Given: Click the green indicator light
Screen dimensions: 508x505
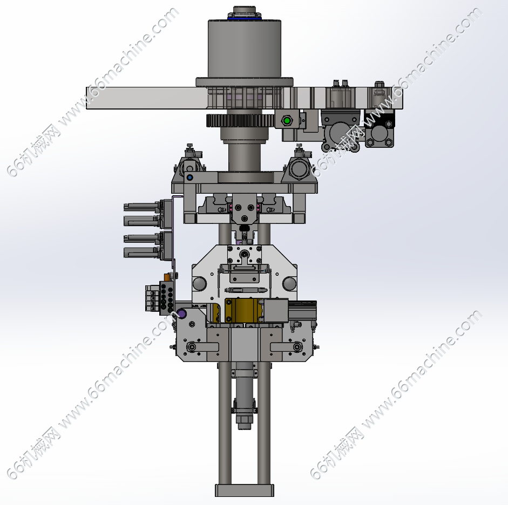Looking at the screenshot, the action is pos(287,121).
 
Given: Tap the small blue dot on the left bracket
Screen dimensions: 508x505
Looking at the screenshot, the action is pos(190,178).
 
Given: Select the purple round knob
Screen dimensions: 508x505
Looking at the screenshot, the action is pos(182,313).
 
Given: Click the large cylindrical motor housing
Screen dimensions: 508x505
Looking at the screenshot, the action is pos(244,49).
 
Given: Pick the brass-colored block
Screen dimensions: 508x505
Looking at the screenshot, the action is pos(243,311).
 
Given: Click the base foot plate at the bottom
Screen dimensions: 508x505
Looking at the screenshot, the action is pos(245,490).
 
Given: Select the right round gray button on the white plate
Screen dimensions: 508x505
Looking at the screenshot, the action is pos(289,284).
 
